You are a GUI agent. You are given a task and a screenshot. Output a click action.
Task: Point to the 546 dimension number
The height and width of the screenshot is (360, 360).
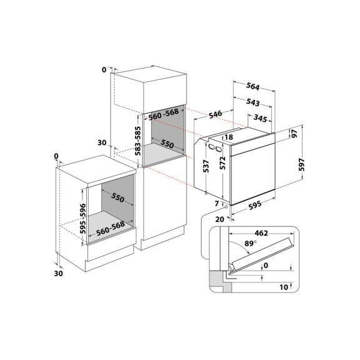(217, 114)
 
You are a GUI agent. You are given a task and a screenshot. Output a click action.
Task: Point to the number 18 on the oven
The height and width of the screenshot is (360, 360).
(229, 137)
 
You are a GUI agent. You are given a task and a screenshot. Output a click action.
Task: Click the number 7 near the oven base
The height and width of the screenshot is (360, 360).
(216, 204)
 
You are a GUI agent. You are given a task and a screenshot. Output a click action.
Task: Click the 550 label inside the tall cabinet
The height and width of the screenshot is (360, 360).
(166, 144)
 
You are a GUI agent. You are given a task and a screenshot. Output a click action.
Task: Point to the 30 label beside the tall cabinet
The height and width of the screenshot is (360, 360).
(103, 143)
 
